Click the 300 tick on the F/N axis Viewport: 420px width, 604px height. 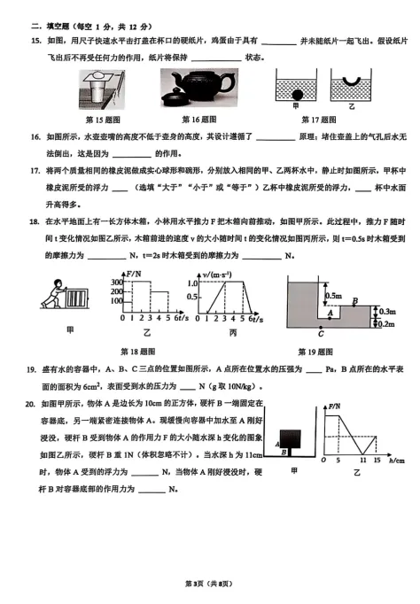tap(120, 282)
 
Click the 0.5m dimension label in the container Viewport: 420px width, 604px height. tap(333, 295)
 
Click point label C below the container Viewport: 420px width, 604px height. tap(320, 334)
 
